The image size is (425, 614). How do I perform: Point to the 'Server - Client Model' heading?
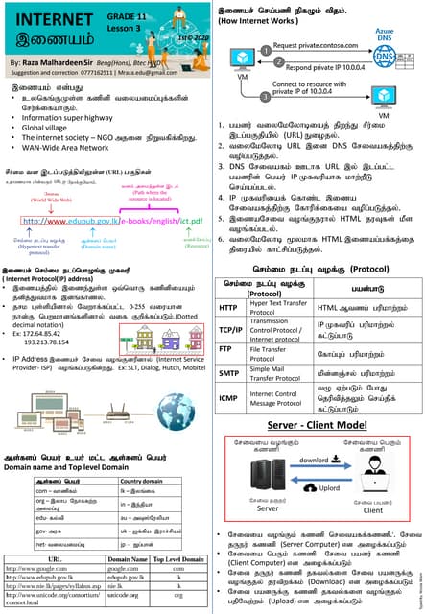pyautogui.click(x=317, y=424)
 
